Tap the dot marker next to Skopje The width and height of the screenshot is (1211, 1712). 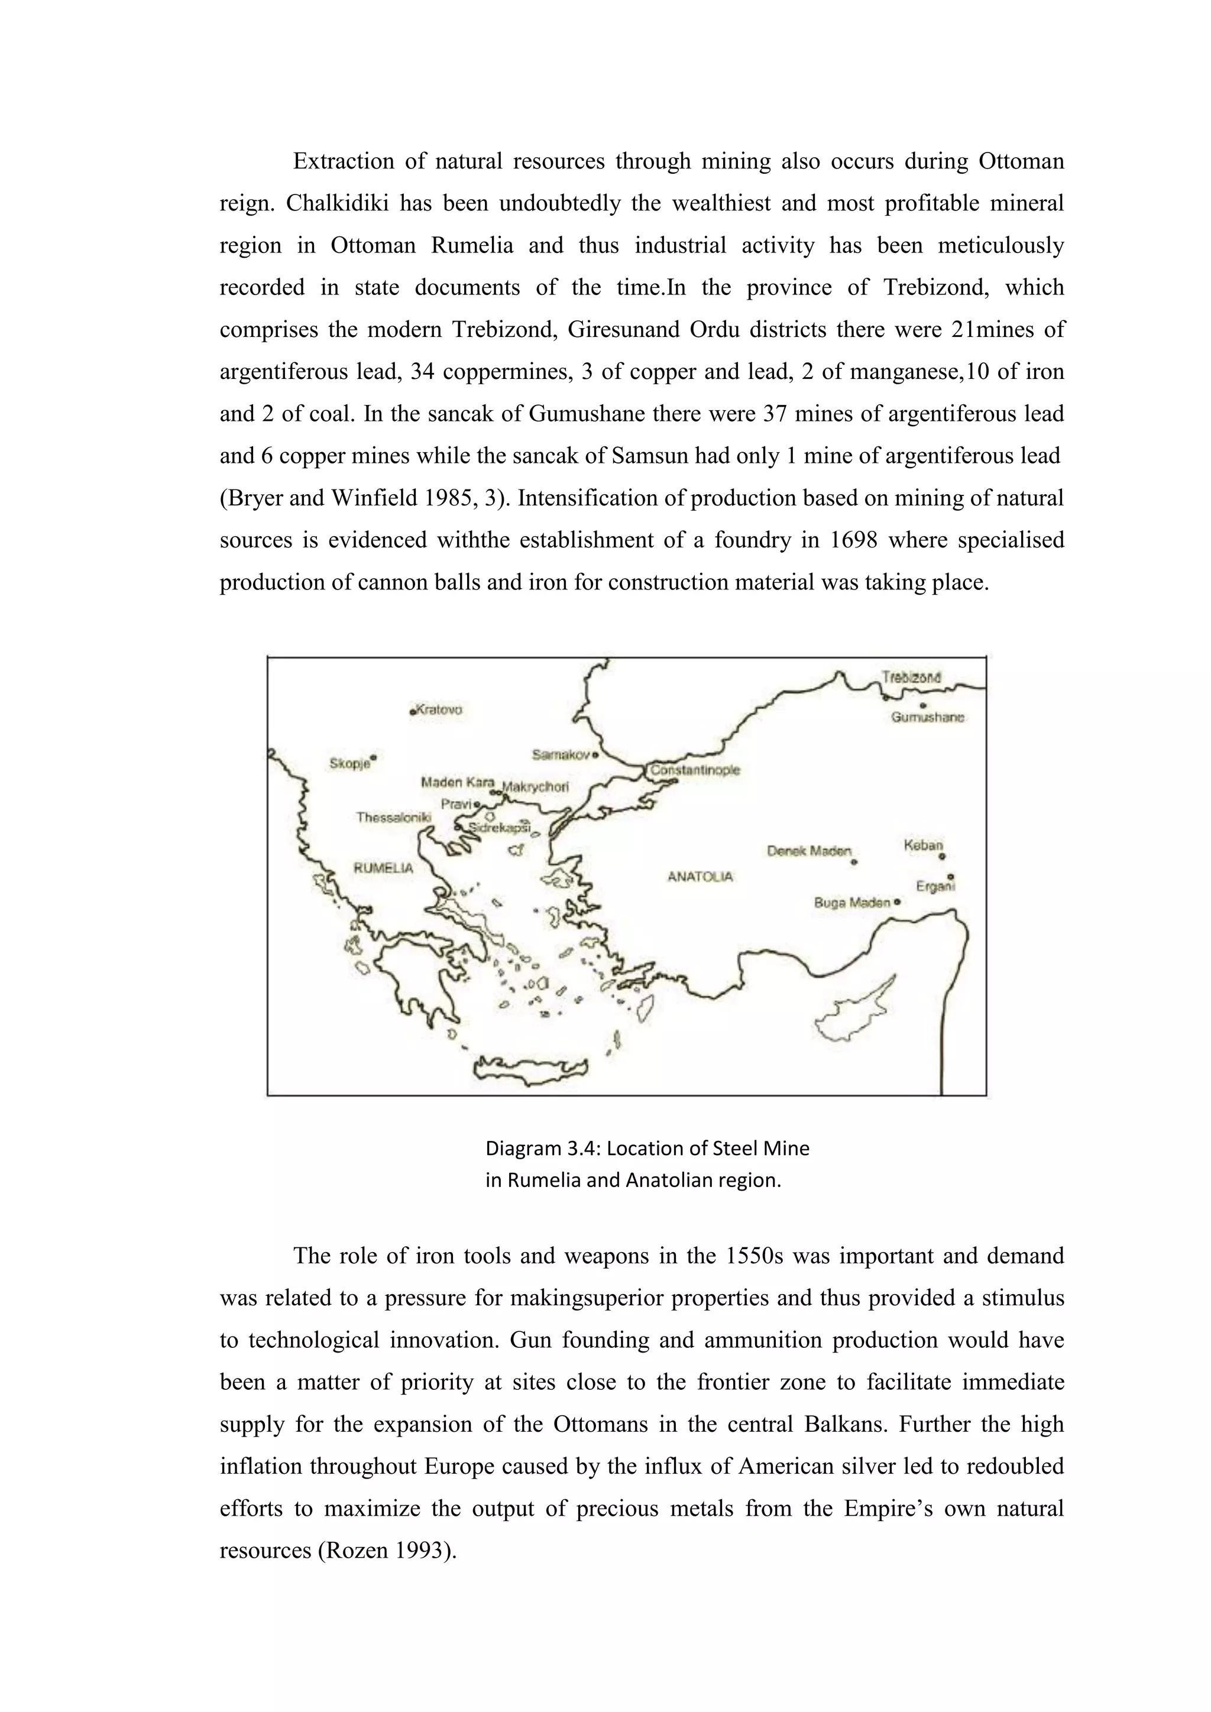374,758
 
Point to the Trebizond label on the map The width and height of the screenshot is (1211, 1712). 911,677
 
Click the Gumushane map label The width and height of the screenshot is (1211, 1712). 928,717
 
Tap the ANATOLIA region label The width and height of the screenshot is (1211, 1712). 700,877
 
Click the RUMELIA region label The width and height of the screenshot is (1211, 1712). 383,868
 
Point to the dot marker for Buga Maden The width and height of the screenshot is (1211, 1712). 897,902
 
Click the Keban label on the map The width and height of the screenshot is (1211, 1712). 923,845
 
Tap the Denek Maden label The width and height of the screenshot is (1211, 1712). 809,851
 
